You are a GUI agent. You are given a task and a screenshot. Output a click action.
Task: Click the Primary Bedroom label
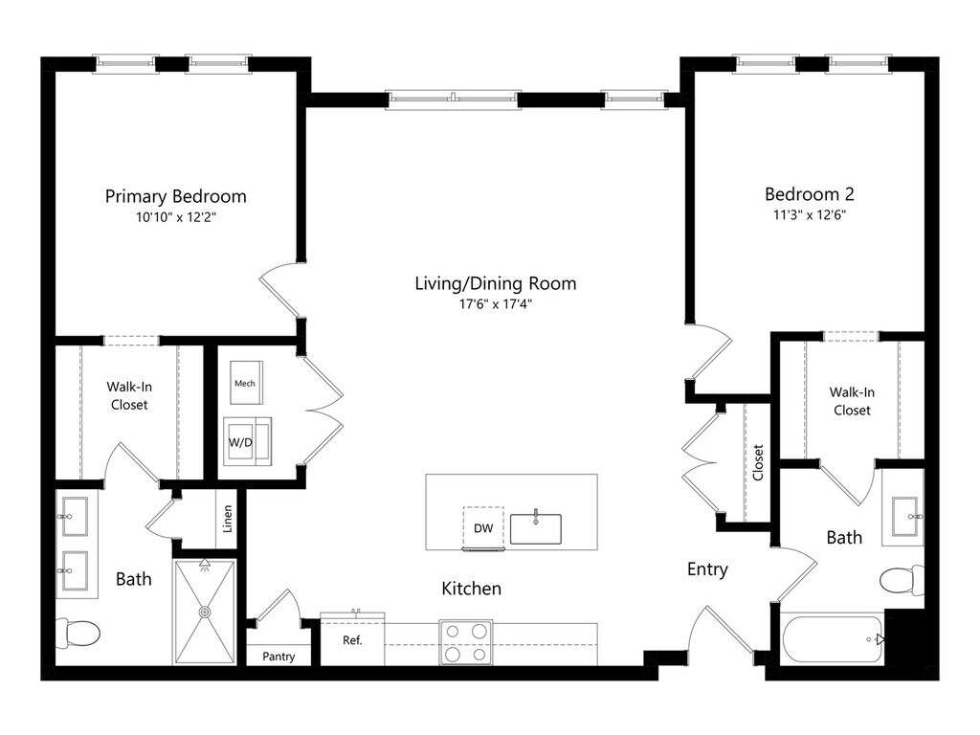click(175, 196)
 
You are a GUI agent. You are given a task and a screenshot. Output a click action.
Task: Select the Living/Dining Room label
click(495, 283)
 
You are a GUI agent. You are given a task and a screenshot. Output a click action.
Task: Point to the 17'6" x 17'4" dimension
click(495, 304)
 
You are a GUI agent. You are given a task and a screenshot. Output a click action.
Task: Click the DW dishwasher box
click(481, 527)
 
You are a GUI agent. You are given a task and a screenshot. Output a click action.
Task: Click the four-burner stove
click(466, 641)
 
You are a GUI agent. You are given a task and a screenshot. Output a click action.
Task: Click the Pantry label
click(278, 657)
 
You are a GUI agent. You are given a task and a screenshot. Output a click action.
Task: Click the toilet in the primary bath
click(79, 633)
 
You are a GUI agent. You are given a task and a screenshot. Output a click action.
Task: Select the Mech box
click(245, 383)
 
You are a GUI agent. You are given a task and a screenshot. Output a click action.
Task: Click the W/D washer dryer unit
click(246, 441)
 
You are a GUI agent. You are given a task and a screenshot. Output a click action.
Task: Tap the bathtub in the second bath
click(831, 639)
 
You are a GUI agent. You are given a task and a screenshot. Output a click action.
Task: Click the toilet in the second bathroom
click(902, 580)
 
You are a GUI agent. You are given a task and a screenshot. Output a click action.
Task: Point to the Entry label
click(707, 569)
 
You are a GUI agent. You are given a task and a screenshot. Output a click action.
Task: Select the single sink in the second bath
click(905, 517)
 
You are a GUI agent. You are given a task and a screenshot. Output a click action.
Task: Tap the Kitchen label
click(471, 589)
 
